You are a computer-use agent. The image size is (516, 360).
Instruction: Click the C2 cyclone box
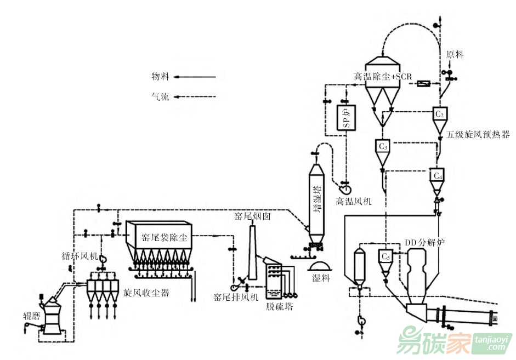(439, 114)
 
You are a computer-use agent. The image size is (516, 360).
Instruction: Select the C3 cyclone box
(383, 147)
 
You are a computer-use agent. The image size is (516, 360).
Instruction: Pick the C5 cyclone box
(385, 256)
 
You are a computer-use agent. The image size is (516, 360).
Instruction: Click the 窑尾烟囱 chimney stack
(253, 252)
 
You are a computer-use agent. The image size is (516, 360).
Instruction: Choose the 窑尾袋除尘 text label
(165, 237)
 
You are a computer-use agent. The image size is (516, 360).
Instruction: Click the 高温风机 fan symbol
(346, 187)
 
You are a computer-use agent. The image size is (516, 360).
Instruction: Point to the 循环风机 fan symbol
(103, 258)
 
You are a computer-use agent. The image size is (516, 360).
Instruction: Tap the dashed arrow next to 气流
(195, 98)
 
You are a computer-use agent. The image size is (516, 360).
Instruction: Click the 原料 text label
(455, 55)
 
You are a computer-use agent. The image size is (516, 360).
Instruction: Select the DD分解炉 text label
(424, 241)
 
